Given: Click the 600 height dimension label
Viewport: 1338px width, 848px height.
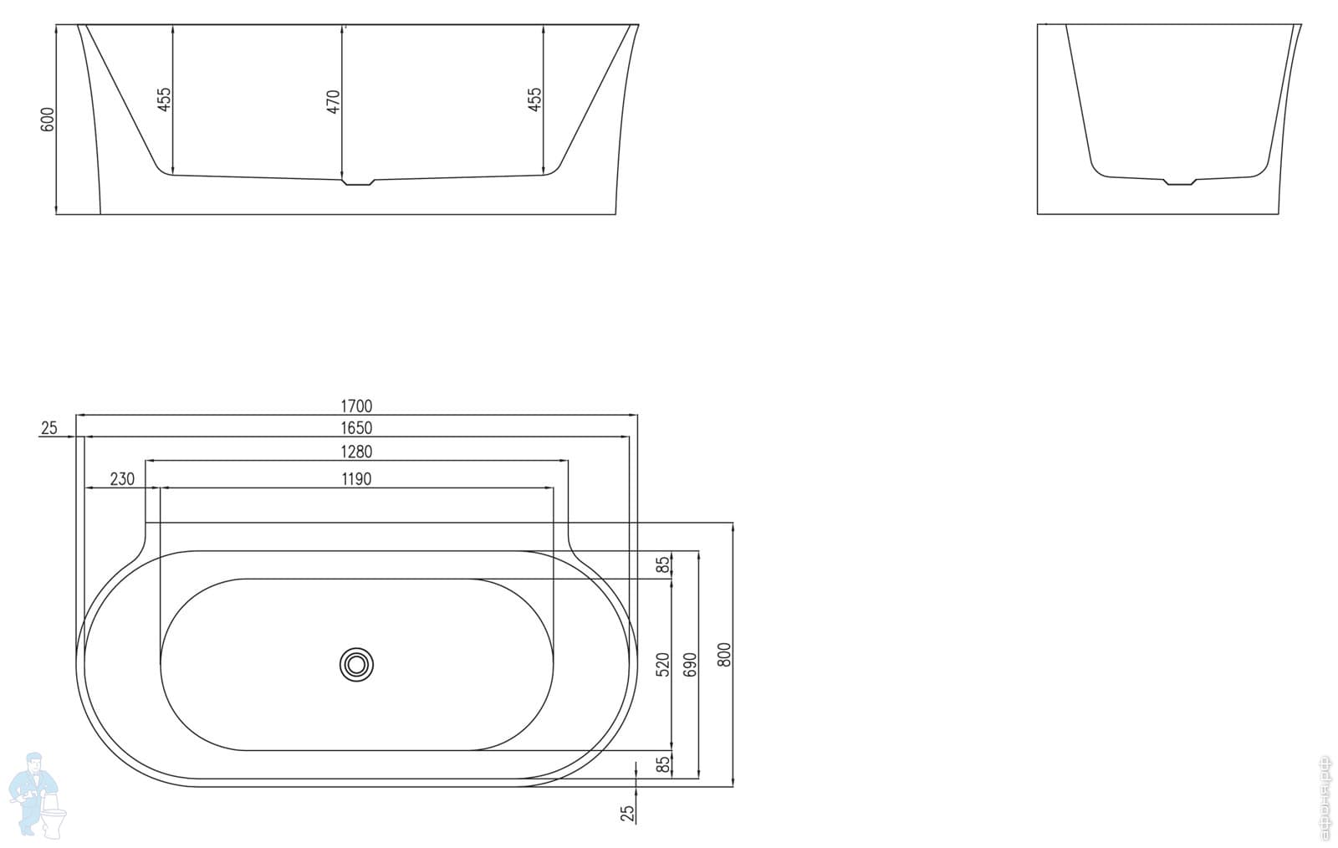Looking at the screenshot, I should tap(48, 119).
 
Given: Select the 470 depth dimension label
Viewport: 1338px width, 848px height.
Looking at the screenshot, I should tap(334, 101).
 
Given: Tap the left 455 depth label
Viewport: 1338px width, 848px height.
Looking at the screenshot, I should tap(164, 99).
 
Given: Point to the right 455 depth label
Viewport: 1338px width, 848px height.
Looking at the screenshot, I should tap(535, 99).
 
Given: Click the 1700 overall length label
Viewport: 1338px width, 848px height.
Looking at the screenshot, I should tap(356, 406).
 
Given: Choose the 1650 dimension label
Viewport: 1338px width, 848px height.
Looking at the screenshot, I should tap(356, 428).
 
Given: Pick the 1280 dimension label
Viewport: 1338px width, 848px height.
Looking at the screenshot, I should tap(356, 452).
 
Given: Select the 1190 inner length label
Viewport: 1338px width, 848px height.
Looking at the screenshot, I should tap(356, 479).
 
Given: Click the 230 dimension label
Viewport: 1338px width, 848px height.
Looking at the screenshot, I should tap(122, 479).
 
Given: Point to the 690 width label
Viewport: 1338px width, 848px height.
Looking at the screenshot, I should tap(690, 664).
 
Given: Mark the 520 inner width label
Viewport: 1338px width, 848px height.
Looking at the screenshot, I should tap(663, 664).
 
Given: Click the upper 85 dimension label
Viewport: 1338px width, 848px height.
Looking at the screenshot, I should tap(663, 565).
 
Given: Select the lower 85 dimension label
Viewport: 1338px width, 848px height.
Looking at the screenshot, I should tap(663, 764).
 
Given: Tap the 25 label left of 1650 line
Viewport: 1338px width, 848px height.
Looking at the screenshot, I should tap(49, 428).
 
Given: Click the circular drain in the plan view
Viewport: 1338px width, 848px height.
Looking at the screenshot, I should tap(357, 665).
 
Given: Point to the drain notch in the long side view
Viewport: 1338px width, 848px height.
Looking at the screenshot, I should tap(358, 181).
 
